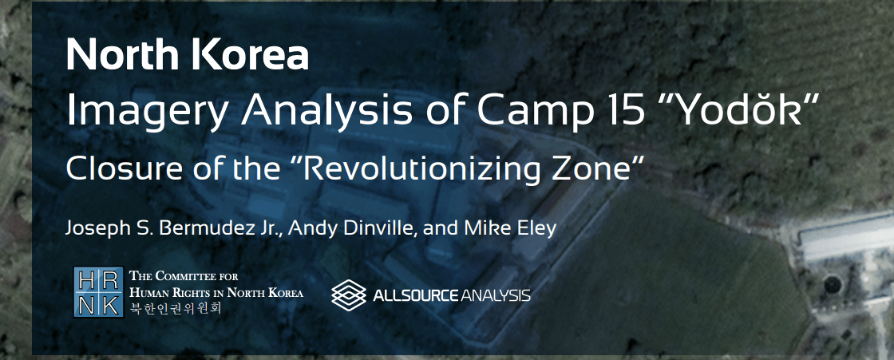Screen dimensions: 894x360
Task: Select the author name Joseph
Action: click(x=94, y=229)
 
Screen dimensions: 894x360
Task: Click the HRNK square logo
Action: click(x=98, y=291)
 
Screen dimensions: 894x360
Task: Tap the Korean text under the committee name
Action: click(x=175, y=309)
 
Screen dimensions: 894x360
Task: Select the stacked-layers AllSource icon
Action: click(x=348, y=295)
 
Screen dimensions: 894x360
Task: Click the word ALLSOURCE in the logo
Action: click(x=416, y=295)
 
